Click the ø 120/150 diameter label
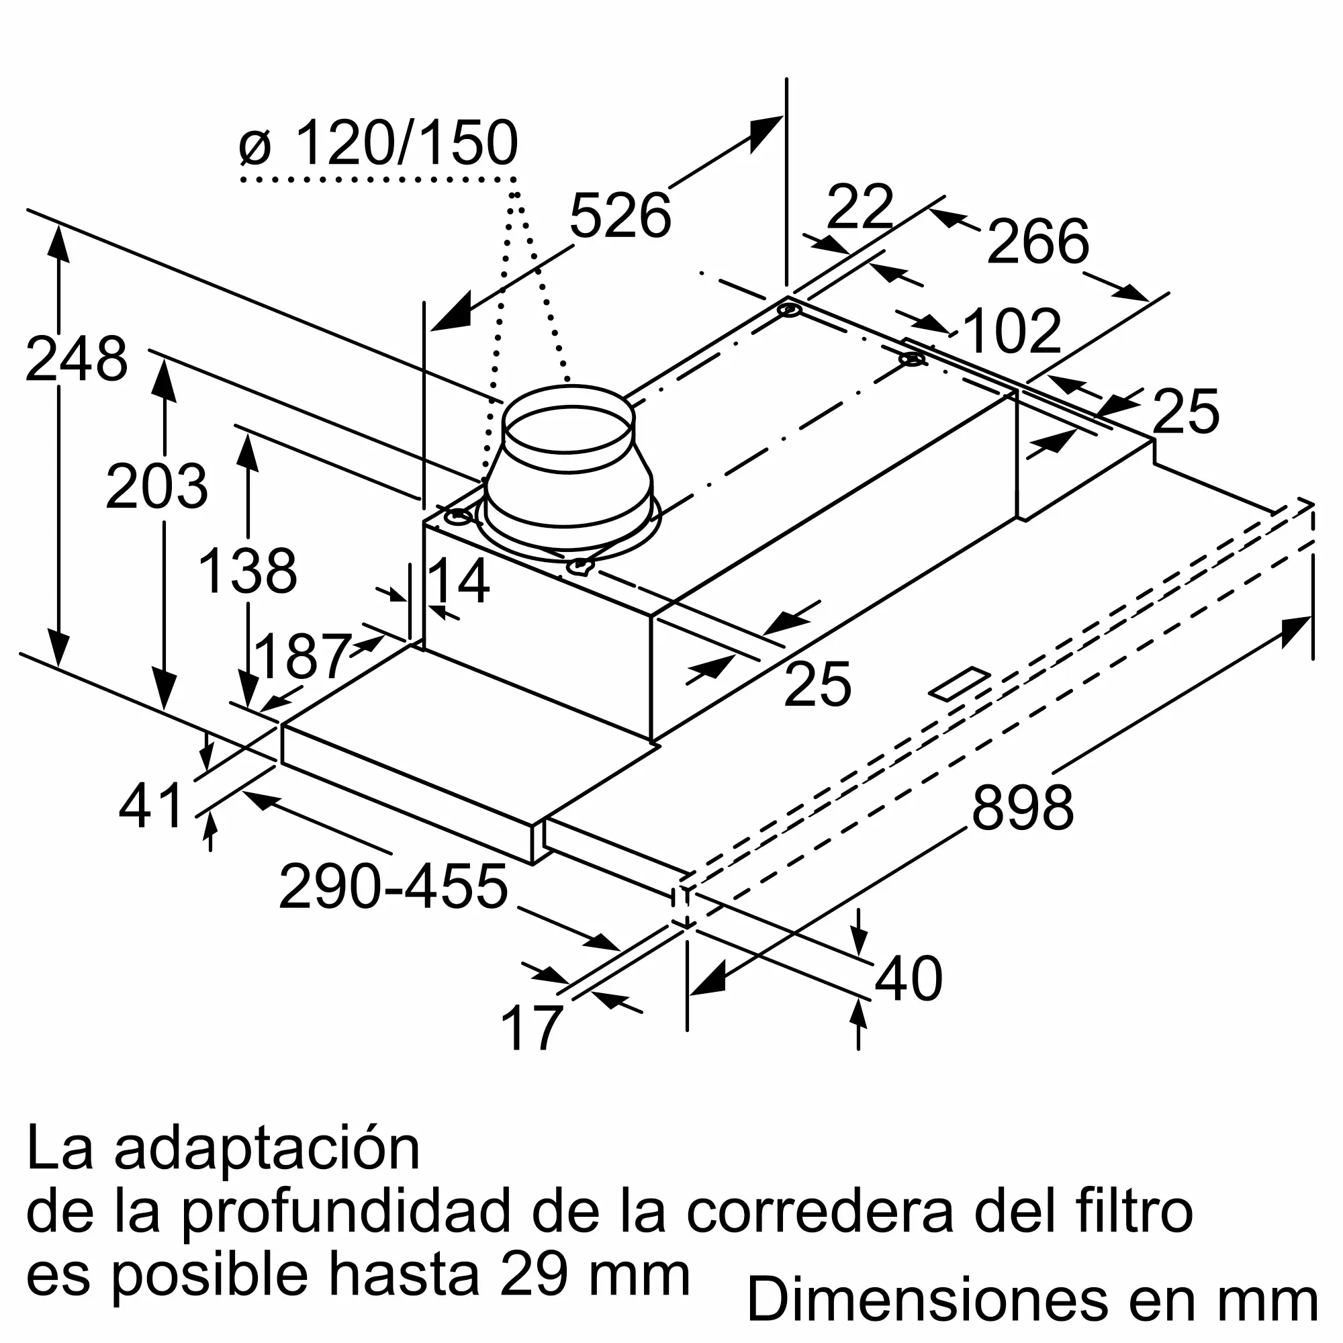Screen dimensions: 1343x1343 (379, 144)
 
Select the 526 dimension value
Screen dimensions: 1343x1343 (619, 216)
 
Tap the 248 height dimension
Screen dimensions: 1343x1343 (77, 359)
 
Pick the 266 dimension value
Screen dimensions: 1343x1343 (1037, 242)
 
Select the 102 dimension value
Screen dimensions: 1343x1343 (1013, 332)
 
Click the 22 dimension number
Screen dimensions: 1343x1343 (860, 207)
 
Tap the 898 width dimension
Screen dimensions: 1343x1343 (1022, 808)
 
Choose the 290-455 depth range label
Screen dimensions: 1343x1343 (393, 888)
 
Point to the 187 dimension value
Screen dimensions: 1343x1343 (302, 657)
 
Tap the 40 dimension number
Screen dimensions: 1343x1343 (908, 980)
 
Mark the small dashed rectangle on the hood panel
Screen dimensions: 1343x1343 (959, 684)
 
